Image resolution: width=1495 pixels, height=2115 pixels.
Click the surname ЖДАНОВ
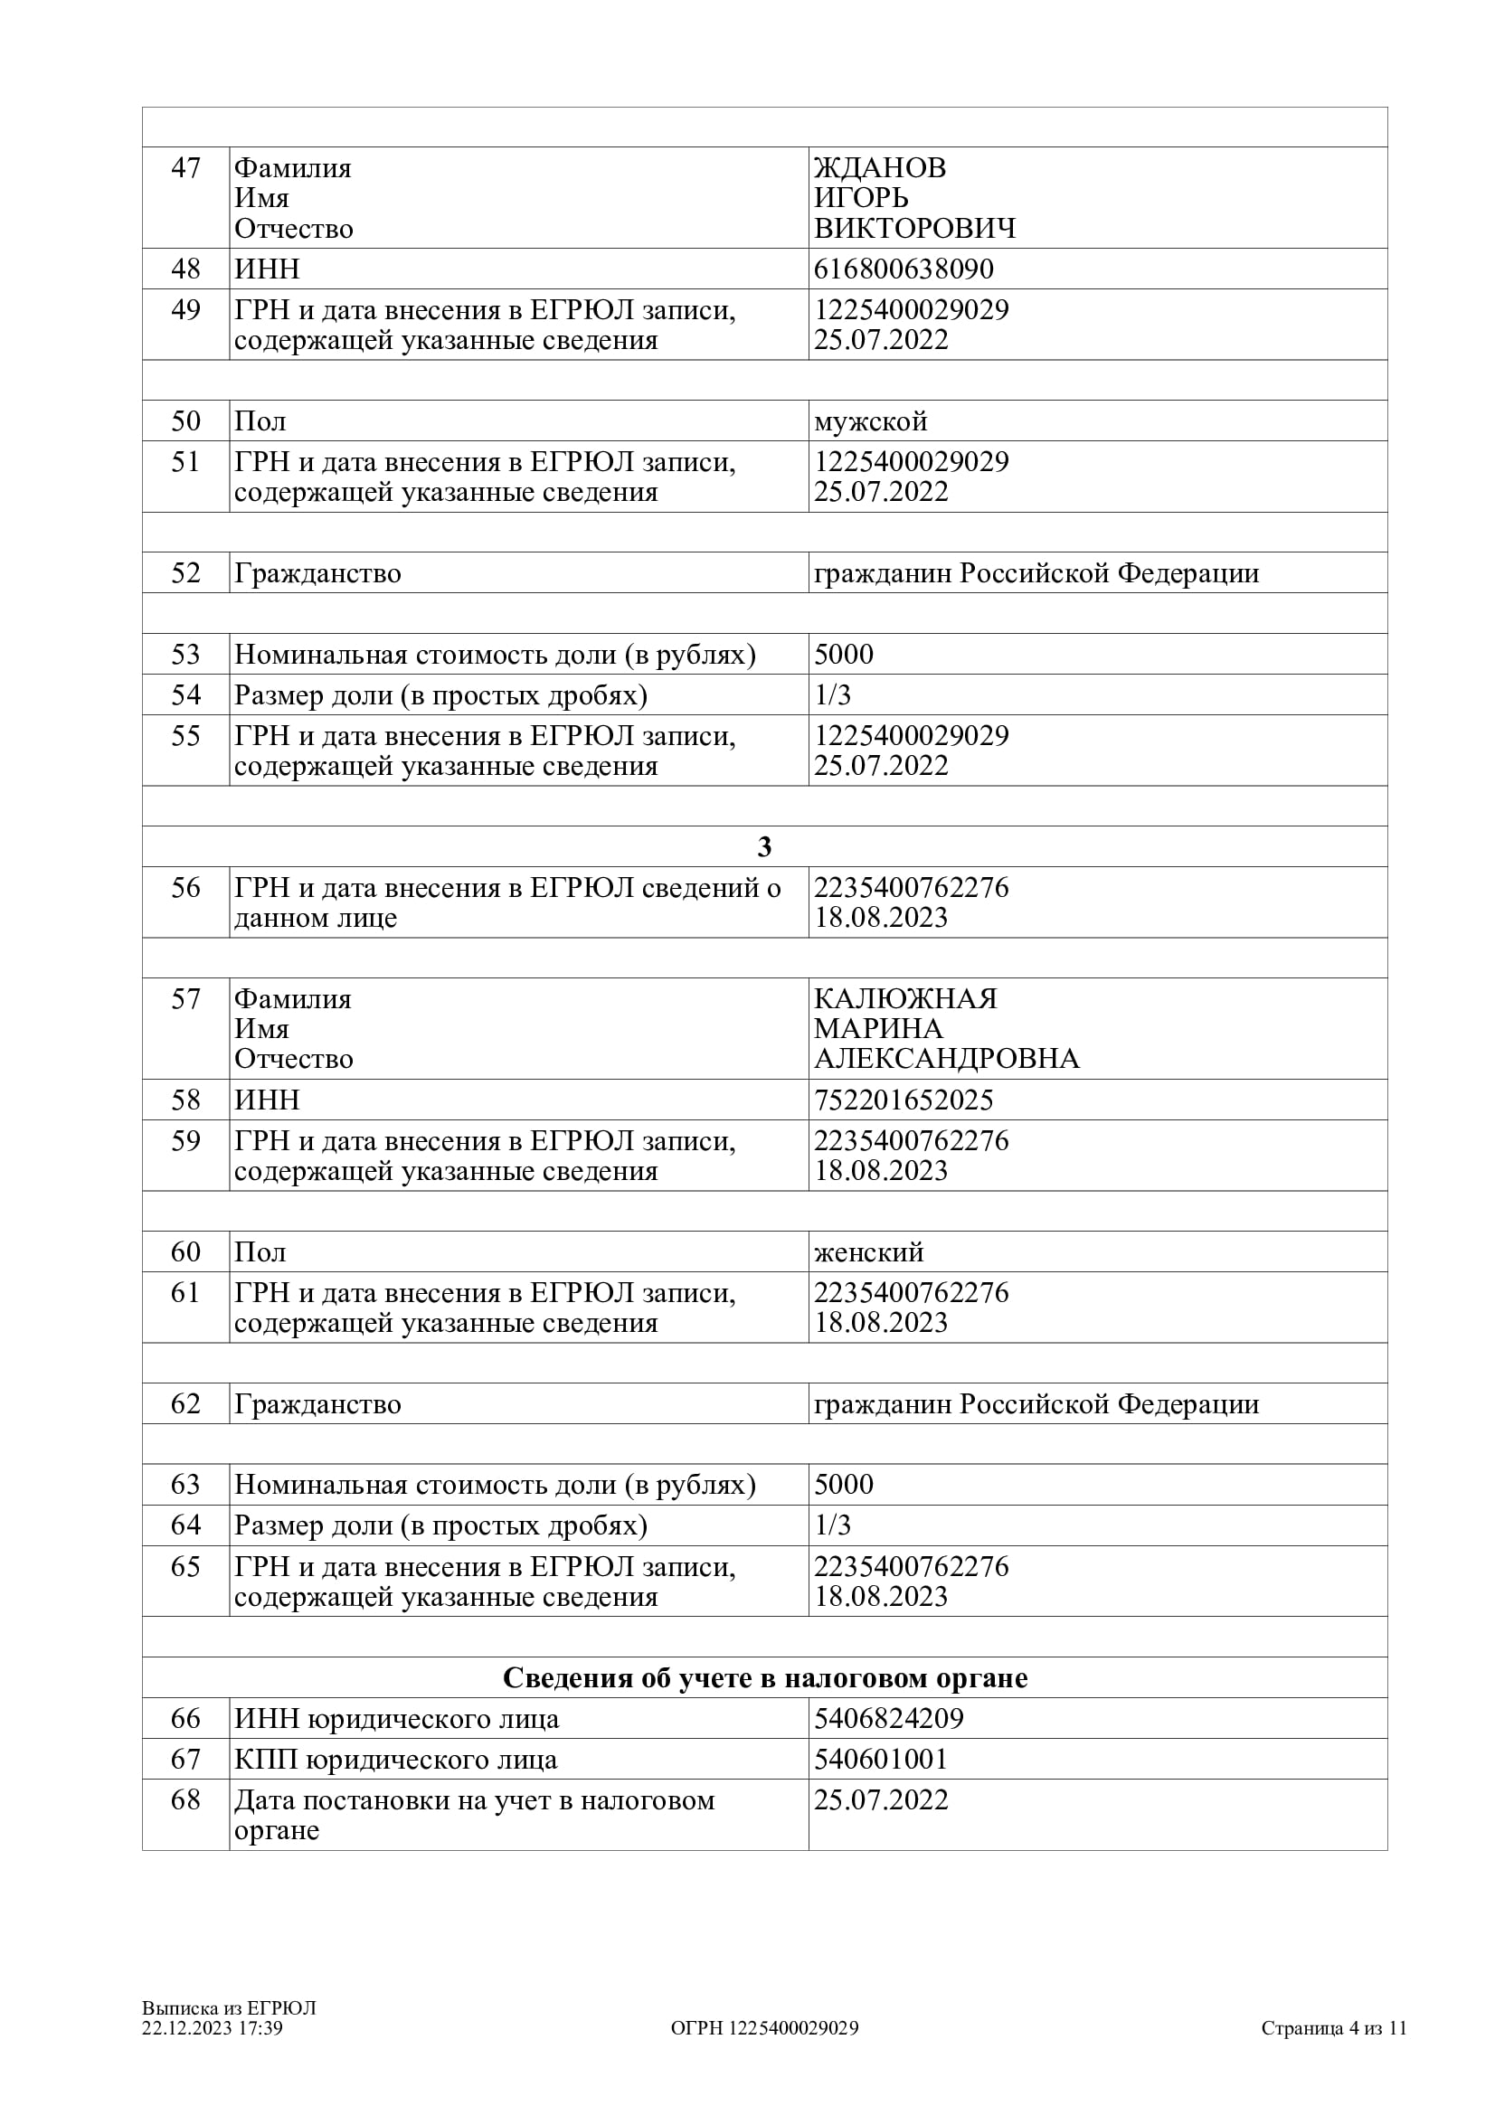[x=879, y=167]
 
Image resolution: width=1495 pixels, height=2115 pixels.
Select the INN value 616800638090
[x=903, y=269]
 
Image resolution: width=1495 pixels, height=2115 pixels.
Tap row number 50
[x=185, y=421]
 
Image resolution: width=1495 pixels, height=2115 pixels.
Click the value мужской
[x=869, y=421]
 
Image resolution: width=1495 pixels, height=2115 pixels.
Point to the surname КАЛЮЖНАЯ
[x=904, y=998]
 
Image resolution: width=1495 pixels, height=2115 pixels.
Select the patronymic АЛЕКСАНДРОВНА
[x=946, y=1059]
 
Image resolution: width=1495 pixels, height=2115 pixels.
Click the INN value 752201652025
[x=903, y=1100]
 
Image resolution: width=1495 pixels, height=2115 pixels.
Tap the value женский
[x=867, y=1251]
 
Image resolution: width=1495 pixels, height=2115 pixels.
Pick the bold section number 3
[x=763, y=846]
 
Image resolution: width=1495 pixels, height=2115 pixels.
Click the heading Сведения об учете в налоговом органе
[x=764, y=1677]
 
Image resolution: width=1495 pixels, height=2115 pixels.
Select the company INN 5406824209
[x=888, y=1718]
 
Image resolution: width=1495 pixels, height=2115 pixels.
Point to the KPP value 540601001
[x=880, y=1759]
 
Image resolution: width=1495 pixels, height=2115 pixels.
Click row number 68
[x=185, y=1799]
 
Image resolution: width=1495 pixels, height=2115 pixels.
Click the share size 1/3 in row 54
[x=832, y=694]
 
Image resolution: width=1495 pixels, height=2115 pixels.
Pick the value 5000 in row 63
[x=843, y=1484]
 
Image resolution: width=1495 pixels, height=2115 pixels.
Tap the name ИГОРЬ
[x=860, y=198]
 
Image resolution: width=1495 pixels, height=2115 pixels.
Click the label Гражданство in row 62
[x=317, y=1404]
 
